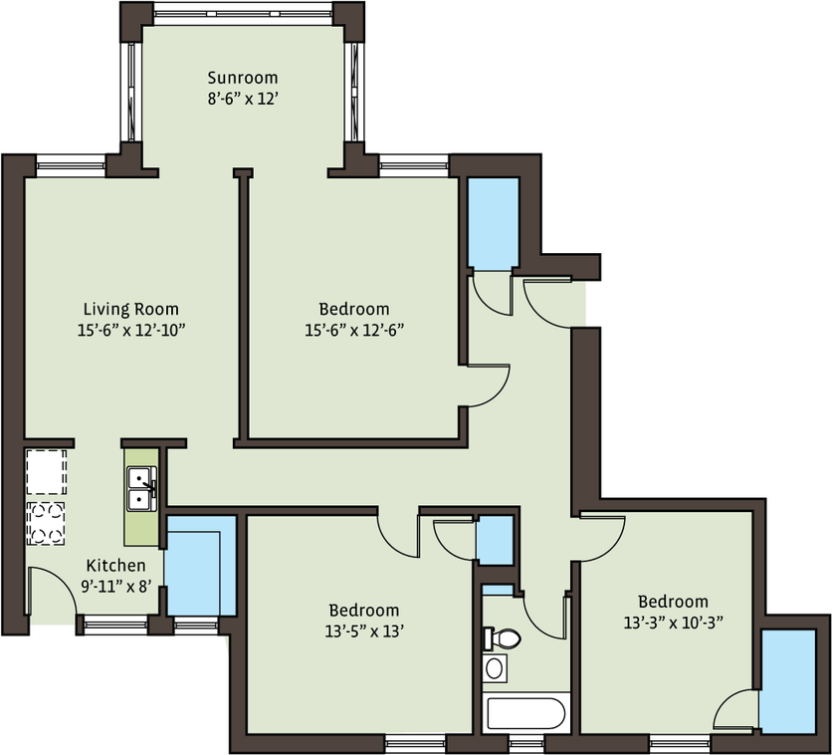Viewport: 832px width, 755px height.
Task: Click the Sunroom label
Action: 243,78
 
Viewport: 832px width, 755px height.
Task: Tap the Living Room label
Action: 131,309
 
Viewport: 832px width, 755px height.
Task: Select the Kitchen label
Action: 115,565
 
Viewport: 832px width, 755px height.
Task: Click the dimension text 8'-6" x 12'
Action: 243,99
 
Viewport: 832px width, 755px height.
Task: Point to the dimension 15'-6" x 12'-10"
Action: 131,331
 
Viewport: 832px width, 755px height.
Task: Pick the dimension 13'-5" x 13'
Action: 364,631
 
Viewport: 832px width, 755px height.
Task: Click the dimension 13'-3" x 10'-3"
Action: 674,623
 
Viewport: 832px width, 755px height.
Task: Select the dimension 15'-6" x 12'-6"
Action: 354,331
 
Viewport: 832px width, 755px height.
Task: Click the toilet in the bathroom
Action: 502,638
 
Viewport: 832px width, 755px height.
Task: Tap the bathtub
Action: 525,713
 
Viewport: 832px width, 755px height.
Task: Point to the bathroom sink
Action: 495,668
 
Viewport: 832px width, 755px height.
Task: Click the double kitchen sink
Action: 141,488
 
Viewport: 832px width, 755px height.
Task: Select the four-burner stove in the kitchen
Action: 46,524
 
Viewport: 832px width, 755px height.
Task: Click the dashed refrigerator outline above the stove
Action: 46,472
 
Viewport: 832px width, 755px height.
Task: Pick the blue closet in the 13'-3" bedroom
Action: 787,681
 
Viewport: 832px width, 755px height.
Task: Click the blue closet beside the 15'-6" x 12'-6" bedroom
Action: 493,223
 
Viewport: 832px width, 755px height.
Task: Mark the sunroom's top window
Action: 243,13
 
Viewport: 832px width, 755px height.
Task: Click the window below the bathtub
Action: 526,743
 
